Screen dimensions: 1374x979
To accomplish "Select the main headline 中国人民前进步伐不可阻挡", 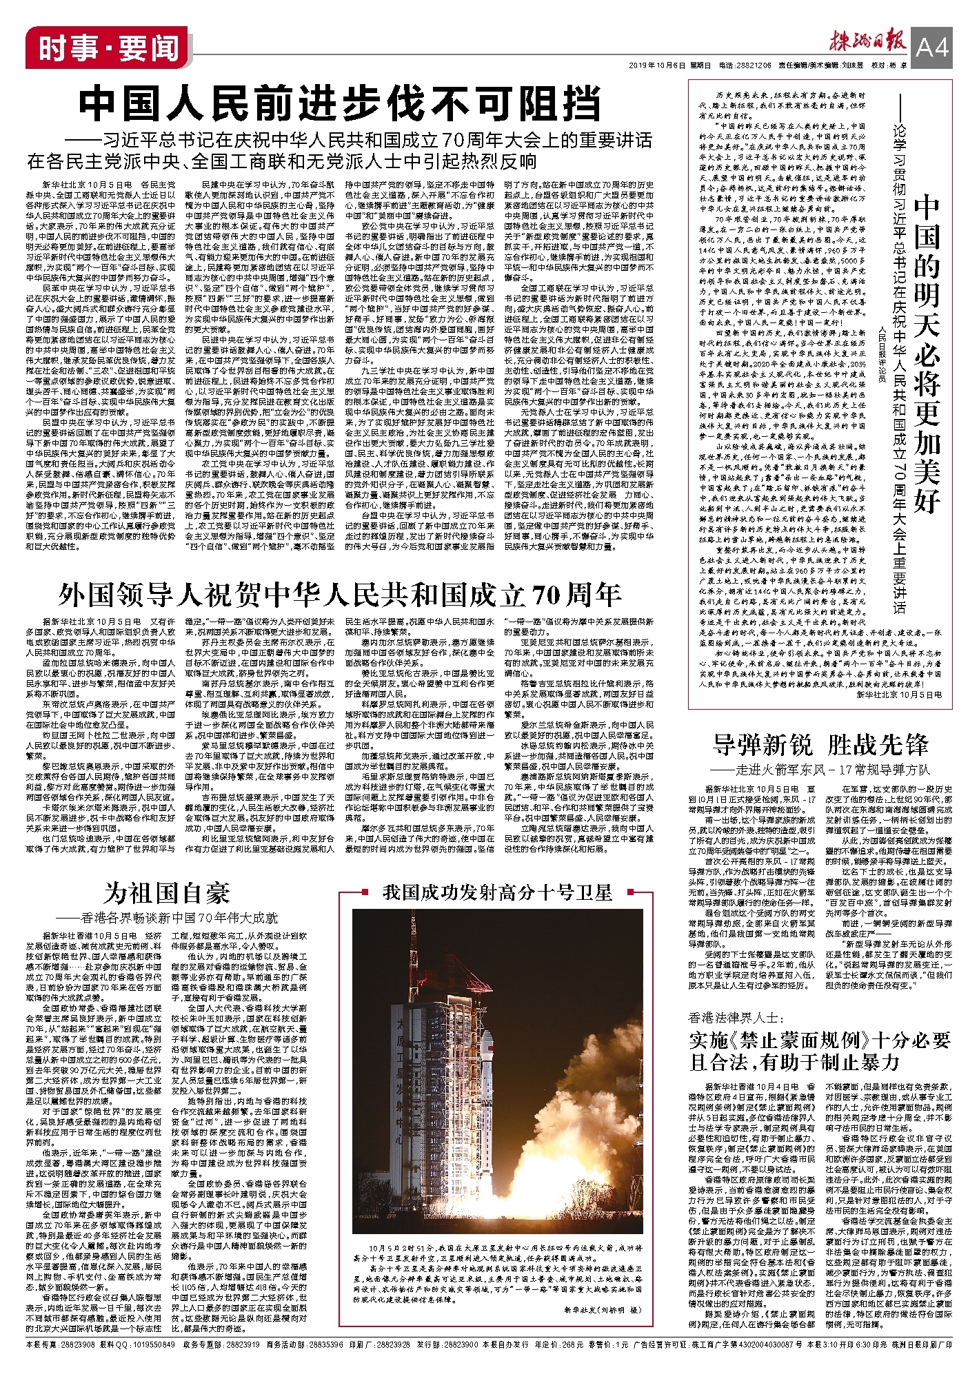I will (339, 105).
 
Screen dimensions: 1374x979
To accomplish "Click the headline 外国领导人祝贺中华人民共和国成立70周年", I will (340, 594).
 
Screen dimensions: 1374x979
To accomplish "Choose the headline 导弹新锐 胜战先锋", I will (820, 746).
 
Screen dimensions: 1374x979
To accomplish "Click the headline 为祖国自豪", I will (167, 893).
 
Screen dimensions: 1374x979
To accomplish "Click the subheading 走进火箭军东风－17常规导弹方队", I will (820, 770).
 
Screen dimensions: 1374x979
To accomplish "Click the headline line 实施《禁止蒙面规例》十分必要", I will (820, 1040).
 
